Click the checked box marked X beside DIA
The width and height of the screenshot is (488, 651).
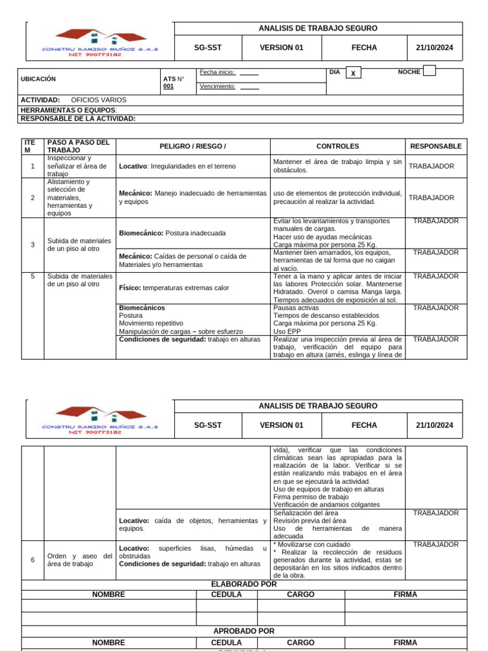tap(352, 74)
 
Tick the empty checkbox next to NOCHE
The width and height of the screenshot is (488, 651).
tap(429, 71)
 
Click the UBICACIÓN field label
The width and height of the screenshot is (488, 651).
tap(38, 79)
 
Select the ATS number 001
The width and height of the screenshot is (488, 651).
tap(168, 86)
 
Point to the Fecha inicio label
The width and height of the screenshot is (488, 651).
tap(217, 72)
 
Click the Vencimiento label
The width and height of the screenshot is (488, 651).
tap(217, 86)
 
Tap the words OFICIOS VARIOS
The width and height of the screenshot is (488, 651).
tap(98, 100)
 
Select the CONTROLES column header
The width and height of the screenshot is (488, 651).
tap(337, 146)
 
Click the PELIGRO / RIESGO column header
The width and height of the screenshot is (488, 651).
tap(193, 146)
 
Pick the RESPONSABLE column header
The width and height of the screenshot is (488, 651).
tap(436, 146)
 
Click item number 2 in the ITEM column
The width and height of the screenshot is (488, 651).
tap(32, 198)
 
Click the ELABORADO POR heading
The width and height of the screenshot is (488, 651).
tap(243, 584)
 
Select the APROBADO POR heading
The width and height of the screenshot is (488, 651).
tap(244, 631)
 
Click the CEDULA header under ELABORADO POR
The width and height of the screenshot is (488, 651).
tap(227, 594)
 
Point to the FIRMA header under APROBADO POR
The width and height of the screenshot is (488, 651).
tap(405, 643)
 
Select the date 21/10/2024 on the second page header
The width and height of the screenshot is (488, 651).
tap(435, 425)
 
